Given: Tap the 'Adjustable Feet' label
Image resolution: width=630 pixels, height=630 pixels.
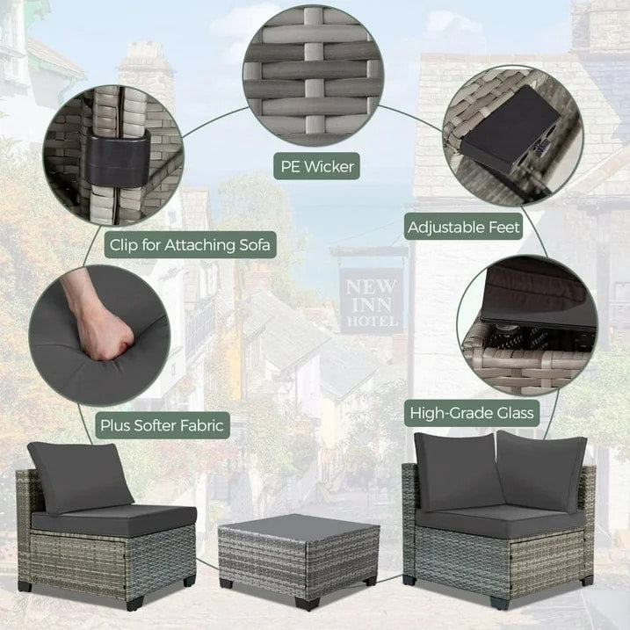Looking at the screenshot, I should (x=465, y=227).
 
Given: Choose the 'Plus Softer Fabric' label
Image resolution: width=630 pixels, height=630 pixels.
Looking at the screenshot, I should (x=161, y=426).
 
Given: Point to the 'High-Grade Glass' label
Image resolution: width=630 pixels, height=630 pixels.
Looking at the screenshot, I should (x=472, y=410).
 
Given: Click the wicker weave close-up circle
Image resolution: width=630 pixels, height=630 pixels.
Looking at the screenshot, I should (x=316, y=76).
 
